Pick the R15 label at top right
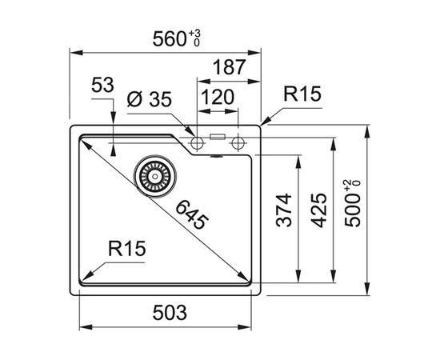[x=302, y=95]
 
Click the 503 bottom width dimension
[x=169, y=311]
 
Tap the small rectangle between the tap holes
[x=217, y=137]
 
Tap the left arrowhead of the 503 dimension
[x=84, y=326]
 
